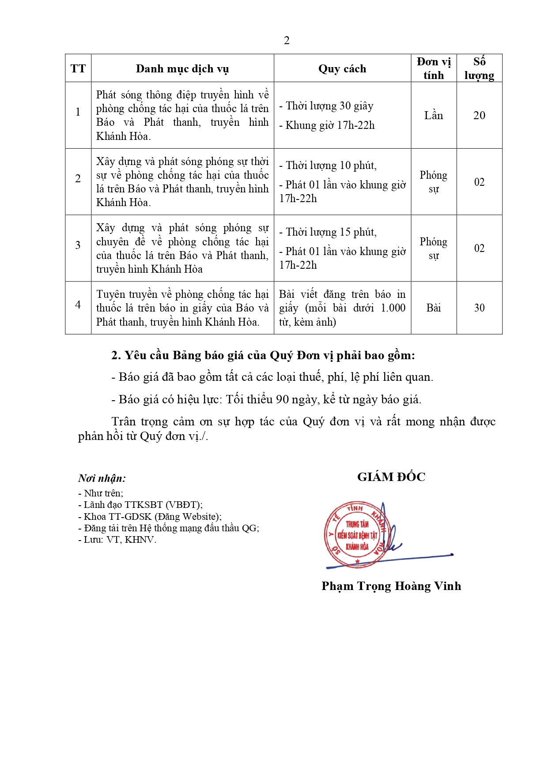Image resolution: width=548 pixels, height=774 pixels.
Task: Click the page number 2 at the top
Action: [x=287, y=41]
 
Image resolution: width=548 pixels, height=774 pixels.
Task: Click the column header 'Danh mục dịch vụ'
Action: [x=182, y=69]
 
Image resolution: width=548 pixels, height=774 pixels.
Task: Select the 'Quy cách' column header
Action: [x=342, y=69]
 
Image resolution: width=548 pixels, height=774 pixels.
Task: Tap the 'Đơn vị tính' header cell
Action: [x=434, y=68]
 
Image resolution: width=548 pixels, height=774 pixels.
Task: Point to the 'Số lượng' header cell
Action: [x=479, y=68]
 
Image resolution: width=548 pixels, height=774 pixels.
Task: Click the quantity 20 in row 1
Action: [x=479, y=116]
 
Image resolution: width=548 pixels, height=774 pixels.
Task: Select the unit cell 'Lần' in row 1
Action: [x=434, y=116]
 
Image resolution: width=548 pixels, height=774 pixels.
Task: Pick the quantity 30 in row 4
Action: [x=479, y=308]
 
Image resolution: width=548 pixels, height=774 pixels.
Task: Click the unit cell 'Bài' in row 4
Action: [x=434, y=308]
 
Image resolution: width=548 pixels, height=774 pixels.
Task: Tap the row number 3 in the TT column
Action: [x=78, y=245]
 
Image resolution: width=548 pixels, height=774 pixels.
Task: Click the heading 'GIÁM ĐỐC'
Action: [x=391, y=477]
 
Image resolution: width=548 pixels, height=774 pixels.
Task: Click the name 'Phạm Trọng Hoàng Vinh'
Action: [x=391, y=586]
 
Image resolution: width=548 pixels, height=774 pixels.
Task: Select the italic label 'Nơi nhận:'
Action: [x=102, y=478]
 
